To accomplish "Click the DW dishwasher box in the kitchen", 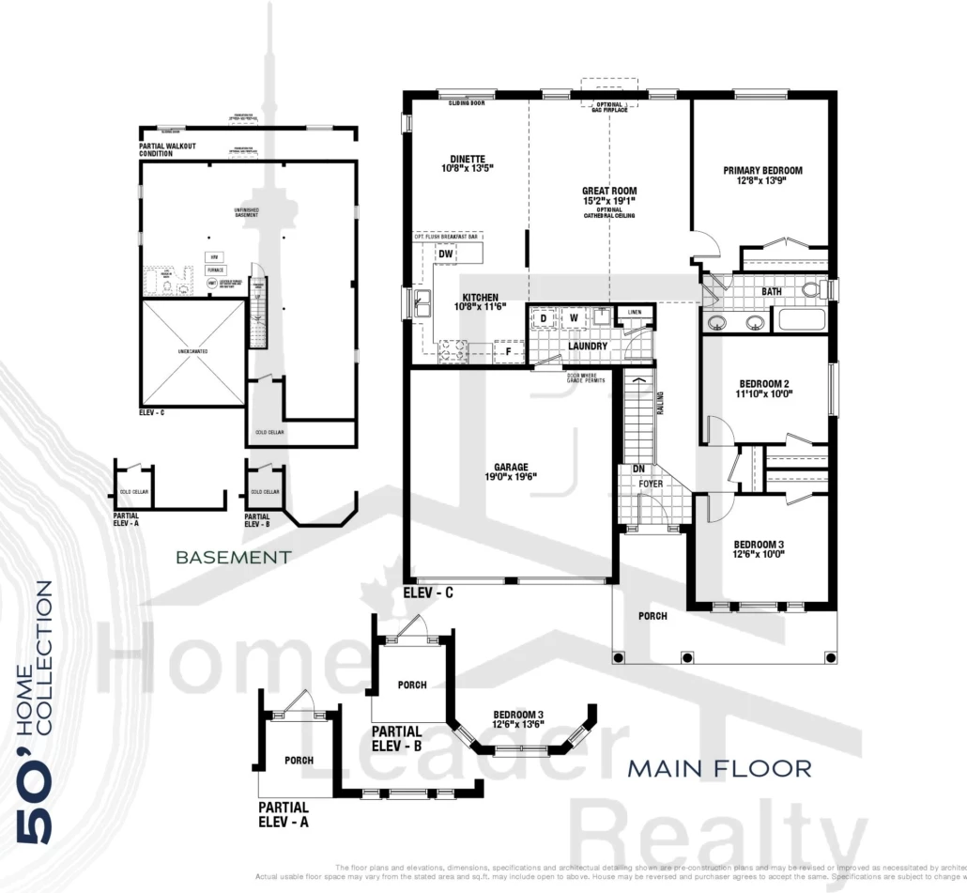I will (447, 254).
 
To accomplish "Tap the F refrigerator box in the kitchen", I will (508, 352).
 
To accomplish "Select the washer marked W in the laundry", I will (574, 317).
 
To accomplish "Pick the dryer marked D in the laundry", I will (543, 317).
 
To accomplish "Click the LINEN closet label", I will (635, 312).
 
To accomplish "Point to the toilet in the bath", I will (810, 290).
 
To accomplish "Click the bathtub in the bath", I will (803, 321).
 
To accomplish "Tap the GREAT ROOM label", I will (609, 191).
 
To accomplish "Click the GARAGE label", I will (512, 467).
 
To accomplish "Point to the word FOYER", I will (650, 485).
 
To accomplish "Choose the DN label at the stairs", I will (638, 468).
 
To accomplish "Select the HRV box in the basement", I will (214, 256).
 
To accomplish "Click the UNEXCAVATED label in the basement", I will (192, 351).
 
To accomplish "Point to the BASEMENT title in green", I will (233, 557).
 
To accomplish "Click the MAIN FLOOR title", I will (719, 769).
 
